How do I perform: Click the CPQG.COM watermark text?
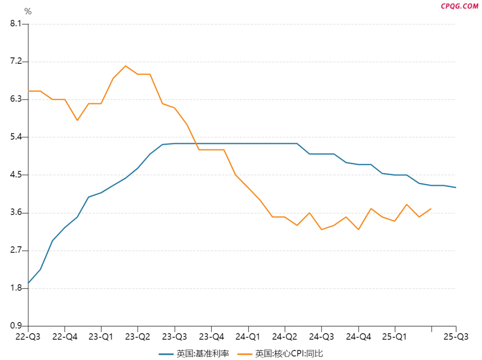(x=459, y=6)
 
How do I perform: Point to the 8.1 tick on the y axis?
(x=16, y=24)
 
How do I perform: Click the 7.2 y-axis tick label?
(x=16, y=62)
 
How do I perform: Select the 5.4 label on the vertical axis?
(x=16, y=137)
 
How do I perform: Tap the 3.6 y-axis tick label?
(x=16, y=213)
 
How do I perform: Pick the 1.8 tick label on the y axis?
(x=16, y=288)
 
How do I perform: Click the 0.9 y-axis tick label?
(x=16, y=326)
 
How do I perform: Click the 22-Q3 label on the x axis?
(x=28, y=336)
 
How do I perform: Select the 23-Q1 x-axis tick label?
(x=101, y=336)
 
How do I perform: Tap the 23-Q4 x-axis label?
(x=211, y=336)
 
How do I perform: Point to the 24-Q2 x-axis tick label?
(x=285, y=336)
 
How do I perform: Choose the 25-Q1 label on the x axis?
(x=395, y=336)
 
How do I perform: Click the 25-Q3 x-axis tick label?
(x=456, y=336)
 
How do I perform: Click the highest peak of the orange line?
(x=125, y=66)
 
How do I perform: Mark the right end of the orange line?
(x=431, y=208)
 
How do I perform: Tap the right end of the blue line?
(x=456, y=187)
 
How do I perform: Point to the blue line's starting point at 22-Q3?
(x=29, y=283)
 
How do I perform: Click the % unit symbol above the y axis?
(x=28, y=12)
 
